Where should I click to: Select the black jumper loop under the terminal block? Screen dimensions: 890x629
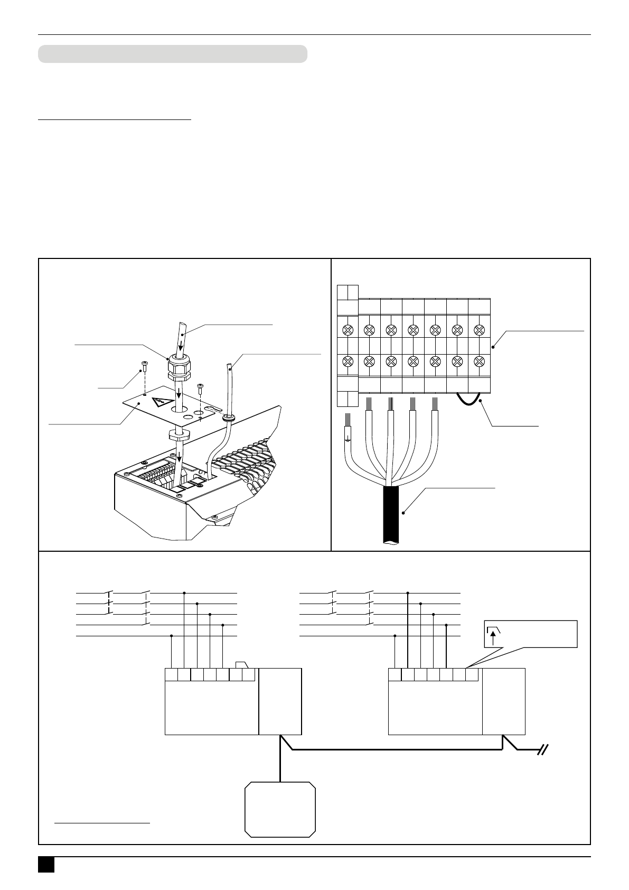tap(468, 400)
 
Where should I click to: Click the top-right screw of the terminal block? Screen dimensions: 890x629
tap(479, 330)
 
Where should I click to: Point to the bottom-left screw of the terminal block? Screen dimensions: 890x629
tap(348, 362)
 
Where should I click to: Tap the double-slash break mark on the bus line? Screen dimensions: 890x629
tap(543, 749)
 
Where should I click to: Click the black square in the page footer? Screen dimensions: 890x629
tap(46, 864)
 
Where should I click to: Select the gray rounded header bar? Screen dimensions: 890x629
tap(173, 54)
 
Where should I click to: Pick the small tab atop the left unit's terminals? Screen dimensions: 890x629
tap(242, 665)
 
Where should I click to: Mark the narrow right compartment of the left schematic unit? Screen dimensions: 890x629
tap(280, 701)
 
